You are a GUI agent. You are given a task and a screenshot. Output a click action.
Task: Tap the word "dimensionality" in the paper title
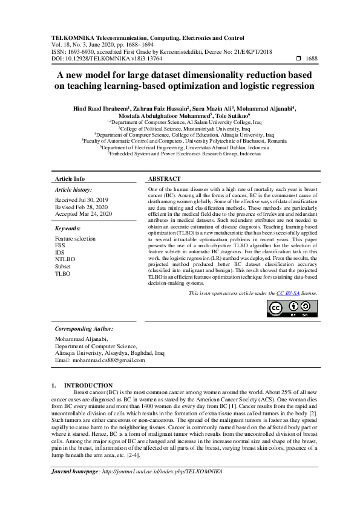click(x=229, y=76)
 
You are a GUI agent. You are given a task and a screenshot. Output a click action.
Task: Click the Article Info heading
click(x=70, y=179)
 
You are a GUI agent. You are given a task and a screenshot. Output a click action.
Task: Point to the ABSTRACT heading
click(x=164, y=179)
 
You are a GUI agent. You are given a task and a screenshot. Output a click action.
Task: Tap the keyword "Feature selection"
click(x=75, y=239)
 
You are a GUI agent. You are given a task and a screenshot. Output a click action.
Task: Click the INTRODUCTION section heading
click(x=88, y=385)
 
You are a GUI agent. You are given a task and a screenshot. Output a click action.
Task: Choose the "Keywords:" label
click(x=68, y=229)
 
